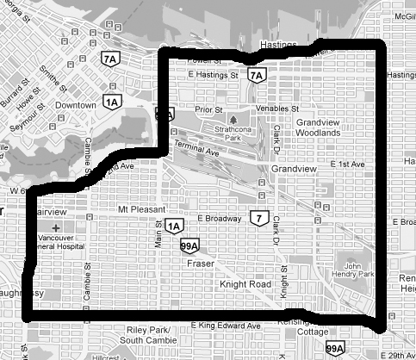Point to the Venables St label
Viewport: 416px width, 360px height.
point(276,109)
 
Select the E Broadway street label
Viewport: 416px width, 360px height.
point(219,219)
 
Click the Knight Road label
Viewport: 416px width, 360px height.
point(245,282)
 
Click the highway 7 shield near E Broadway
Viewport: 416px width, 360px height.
point(257,216)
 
